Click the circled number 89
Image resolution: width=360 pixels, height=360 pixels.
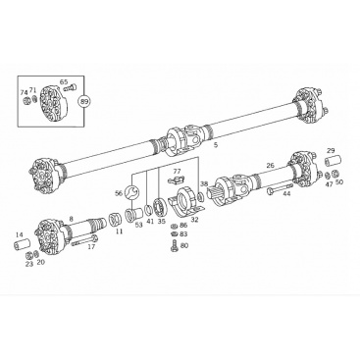click(x=84, y=102)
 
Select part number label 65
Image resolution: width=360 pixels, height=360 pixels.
click(x=64, y=81)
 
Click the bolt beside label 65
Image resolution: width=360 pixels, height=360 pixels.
click(x=70, y=88)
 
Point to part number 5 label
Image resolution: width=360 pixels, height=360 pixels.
click(x=215, y=145)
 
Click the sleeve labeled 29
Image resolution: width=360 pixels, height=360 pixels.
click(x=333, y=162)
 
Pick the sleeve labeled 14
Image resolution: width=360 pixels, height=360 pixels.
click(x=22, y=244)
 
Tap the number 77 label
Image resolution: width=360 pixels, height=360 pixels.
click(x=177, y=171)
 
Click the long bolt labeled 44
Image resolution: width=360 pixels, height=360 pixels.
click(x=280, y=188)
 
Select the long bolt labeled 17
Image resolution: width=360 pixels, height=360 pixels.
click(x=83, y=239)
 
